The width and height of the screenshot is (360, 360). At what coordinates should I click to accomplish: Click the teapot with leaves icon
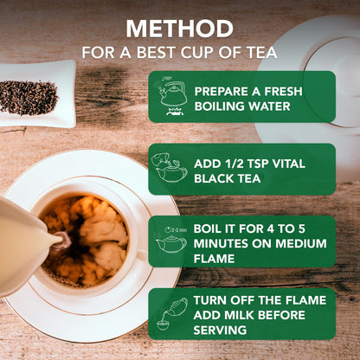coord(170,168)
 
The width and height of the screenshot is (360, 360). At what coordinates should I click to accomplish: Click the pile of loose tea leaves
coord(29,96)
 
